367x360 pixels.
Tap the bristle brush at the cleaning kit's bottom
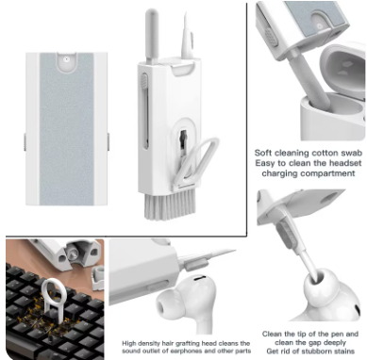170,205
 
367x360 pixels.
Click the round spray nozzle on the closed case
66,59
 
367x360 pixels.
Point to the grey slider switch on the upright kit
144,81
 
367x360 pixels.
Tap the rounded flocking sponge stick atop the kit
152,36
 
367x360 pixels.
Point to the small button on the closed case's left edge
25,141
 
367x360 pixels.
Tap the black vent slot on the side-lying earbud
199,277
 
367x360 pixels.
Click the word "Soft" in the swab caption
263,153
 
